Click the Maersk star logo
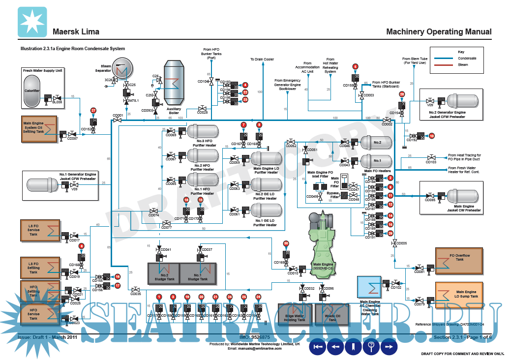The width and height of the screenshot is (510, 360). pos(32,22)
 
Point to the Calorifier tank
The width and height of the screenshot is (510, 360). pos(32,91)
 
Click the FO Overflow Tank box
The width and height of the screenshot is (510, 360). pos(459,261)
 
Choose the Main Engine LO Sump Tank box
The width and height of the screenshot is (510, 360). pos(459,295)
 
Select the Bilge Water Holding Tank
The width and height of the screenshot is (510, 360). pos(295,314)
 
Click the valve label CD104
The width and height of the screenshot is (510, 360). pos(203,82)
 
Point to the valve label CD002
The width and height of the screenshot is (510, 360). pos(387,125)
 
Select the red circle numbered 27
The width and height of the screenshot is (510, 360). pos(93,111)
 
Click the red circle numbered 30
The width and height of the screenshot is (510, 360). pos(286,243)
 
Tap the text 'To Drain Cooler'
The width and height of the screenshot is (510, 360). pos(262,60)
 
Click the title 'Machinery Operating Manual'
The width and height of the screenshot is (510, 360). pos(439,32)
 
